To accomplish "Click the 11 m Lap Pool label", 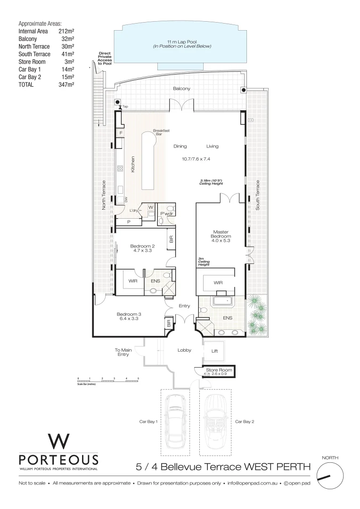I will point(181,44).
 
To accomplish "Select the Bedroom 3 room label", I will point(129,316).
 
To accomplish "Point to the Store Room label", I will point(219,370).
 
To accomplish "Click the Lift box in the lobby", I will point(214,351).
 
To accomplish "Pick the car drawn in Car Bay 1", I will point(175,422).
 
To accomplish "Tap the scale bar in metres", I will point(108,379).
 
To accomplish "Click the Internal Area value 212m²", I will point(66,31).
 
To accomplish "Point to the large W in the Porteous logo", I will point(58,442).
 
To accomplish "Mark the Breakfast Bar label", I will point(160,133).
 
